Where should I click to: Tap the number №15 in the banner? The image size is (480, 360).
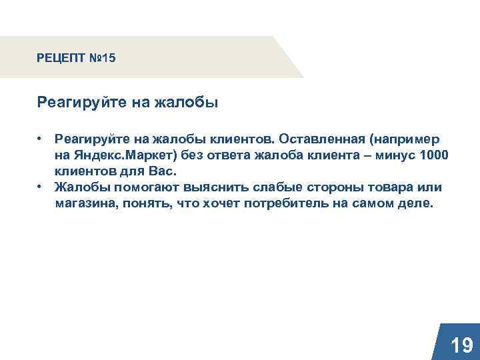point(102,59)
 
